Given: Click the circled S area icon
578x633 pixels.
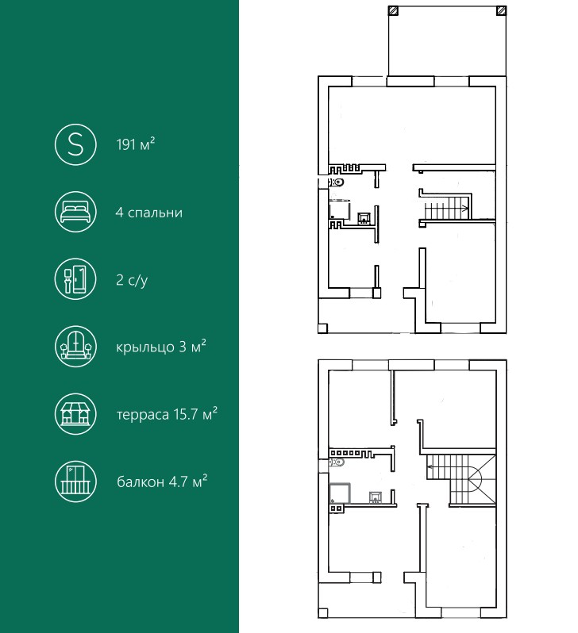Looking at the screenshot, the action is click(x=75, y=144).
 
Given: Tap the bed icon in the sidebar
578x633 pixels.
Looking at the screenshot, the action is click(x=75, y=212).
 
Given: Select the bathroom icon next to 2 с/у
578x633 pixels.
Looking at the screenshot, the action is click(x=75, y=279).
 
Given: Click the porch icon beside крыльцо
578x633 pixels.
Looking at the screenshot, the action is click(x=75, y=347).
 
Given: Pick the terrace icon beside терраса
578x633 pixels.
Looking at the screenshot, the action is click(x=75, y=414).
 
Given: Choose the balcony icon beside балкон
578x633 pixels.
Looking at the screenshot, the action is click(x=75, y=481).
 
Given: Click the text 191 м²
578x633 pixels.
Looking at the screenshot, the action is click(x=136, y=144).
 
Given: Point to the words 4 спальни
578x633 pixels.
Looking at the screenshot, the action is click(x=149, y=213).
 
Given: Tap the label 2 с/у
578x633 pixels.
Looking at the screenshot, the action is click(x=132, y=280).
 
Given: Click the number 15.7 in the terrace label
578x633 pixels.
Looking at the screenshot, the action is click(x=186, y=414).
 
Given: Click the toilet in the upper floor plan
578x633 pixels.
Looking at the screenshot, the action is click(x=337, y=182).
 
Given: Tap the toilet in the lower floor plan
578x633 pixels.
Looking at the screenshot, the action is click(x=337, y=462).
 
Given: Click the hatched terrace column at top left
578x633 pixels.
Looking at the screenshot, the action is click(x=393, y=10).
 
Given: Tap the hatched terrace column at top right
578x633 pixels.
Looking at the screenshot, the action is click(x=501, y=10).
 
